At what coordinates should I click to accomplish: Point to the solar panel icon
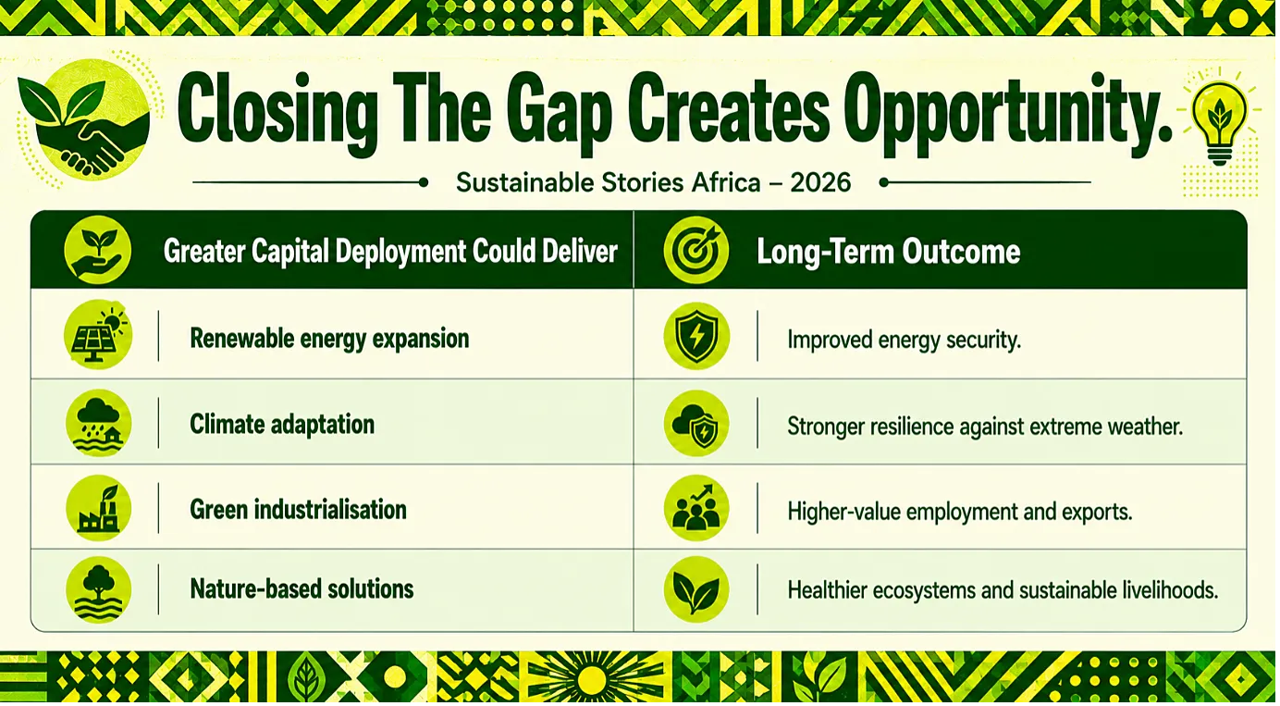[98, 335]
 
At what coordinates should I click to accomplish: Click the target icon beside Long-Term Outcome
[696, 250]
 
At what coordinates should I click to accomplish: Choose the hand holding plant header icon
[98, 250]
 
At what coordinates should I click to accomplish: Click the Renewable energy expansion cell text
[330, 339]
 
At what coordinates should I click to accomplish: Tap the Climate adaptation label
[282, 425]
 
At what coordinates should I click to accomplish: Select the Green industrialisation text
[299, 509]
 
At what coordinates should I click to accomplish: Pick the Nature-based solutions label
[302, 588]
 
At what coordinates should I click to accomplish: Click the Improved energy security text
[904, 341]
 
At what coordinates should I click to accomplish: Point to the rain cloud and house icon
[98, 423]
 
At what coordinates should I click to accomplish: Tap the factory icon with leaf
[98, 508]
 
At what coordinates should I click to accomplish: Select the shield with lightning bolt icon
[696, 336]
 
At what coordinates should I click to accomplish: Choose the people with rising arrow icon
[696, 508]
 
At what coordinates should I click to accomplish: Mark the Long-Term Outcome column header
[889, 252]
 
